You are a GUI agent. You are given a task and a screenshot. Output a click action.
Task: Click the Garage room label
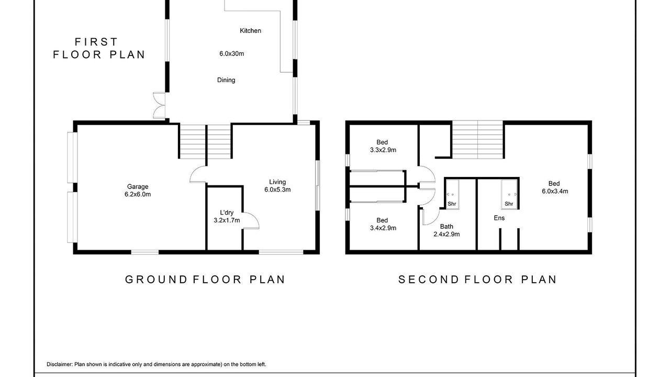coord(138,187)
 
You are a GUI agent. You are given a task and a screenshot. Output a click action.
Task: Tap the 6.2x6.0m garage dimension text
coord(138,194)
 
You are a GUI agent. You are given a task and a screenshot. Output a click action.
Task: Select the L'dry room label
coord(227,213)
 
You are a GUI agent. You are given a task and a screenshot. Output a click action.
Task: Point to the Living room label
coord(277,182)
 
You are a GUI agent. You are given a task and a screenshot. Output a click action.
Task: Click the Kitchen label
coord(250,30)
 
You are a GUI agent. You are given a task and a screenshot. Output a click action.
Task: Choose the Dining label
coord(226,80)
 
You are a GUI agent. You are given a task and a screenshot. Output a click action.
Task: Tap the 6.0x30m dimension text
coord(231,53)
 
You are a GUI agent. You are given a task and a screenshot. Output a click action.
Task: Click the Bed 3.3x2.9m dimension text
coord(383,150)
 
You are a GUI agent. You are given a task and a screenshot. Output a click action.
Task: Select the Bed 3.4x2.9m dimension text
coord(383,228)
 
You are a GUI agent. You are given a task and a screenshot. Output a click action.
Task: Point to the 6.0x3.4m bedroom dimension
coord(555,191)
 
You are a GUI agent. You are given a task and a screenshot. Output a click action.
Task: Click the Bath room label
coord(446,227)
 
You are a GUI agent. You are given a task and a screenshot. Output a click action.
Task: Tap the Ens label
coord(499,218)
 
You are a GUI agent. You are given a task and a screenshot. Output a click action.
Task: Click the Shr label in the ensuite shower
coord(509,204)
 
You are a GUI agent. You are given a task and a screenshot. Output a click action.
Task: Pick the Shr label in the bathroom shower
coord(452,204)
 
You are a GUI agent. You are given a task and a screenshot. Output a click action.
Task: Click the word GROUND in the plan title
coord(156,280)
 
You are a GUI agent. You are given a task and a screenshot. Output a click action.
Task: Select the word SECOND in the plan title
coord(428,280)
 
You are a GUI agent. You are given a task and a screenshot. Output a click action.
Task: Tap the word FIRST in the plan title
coord(96,42)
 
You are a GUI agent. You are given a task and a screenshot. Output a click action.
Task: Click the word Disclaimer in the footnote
coord(60,364)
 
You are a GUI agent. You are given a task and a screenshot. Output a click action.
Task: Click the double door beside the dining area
coord(159,105)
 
